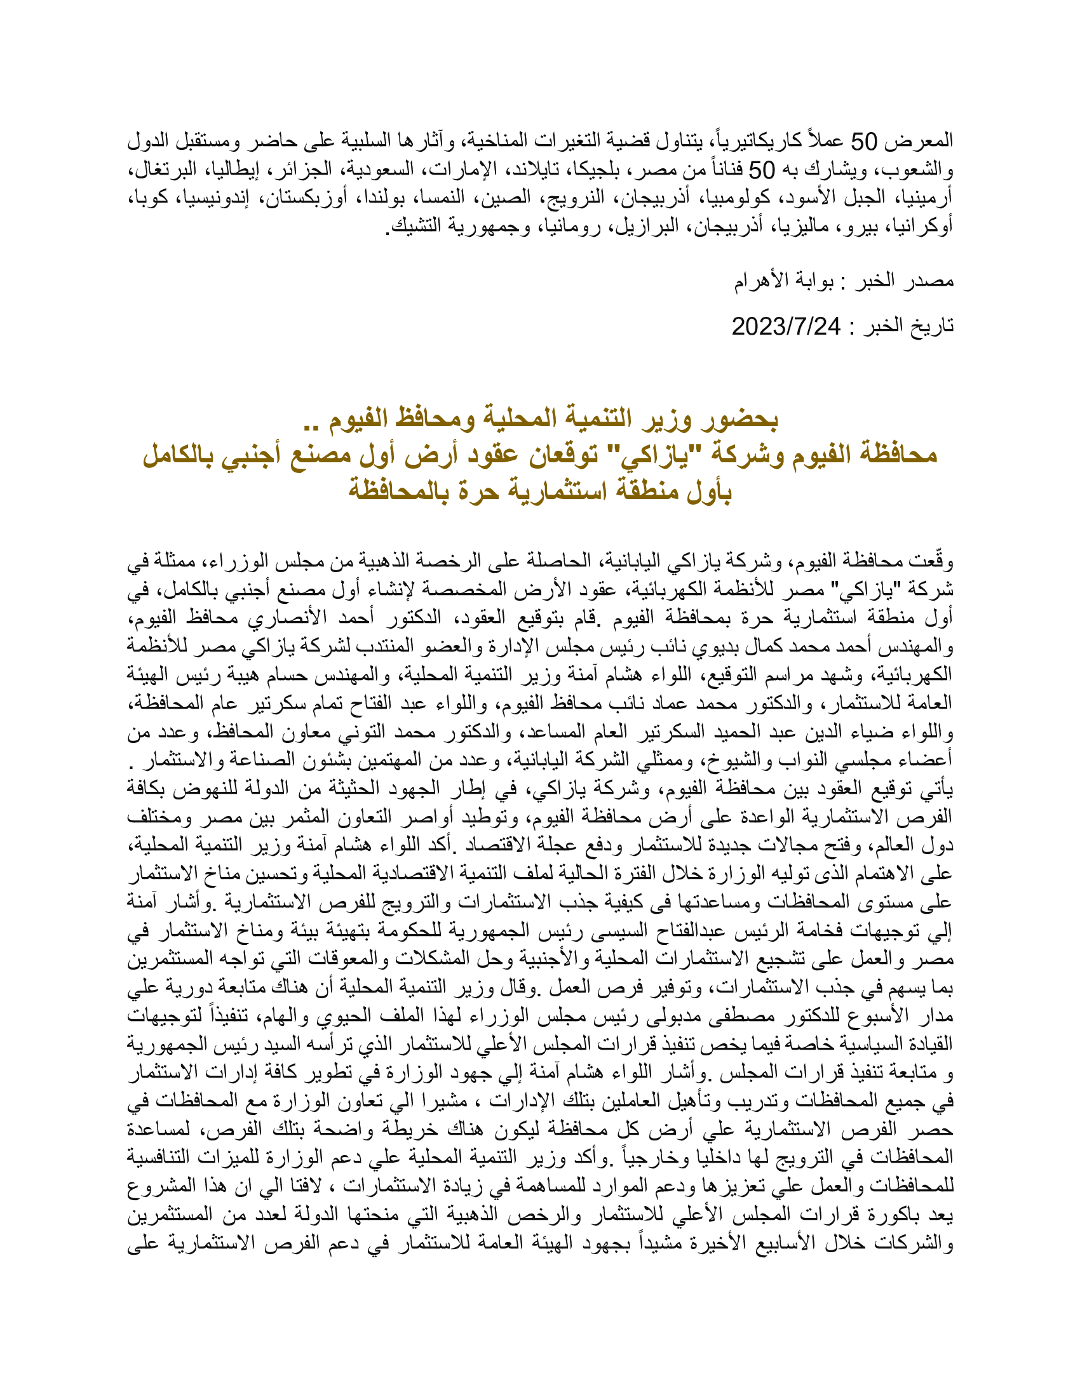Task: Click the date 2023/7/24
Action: pos(786,328)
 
